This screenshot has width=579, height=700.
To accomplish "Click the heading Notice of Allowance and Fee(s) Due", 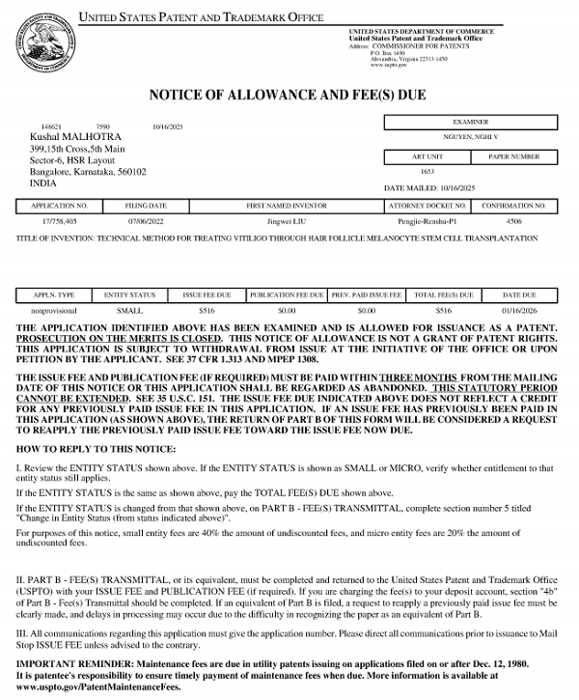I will [x=289, y=95].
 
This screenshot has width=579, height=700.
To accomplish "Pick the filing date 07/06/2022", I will [x=147, y=222].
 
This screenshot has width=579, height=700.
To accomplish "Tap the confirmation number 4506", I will [x=514, y=222].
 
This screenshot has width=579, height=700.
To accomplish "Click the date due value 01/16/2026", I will [x=518, y=312].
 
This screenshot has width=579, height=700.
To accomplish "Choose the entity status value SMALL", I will [x=128, y=312].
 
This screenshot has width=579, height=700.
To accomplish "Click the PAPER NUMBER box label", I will [x=513, y=155].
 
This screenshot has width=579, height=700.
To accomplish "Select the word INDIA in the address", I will [x=42, y=182].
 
